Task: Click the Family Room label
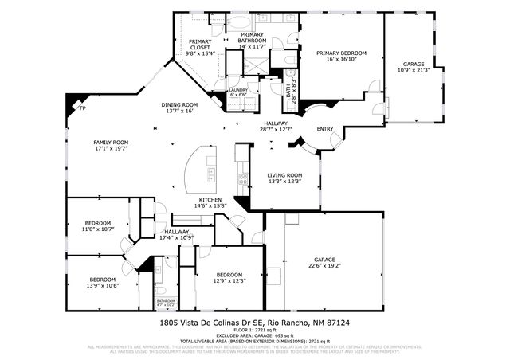click(x=111, y=146)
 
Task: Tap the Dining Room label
click(x=179, y=108)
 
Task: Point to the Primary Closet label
click(x=200, y=49)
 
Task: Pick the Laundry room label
click(x=238, y=92)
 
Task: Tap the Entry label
click(x=325, y=129)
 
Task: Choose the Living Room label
click(x=284, y=178)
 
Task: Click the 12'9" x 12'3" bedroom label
click(x=229, y=277)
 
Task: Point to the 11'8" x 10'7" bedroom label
click(x=98, y=225)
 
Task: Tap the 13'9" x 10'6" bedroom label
click(x=103, y=282)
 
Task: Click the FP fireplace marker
click(x=82, y=108)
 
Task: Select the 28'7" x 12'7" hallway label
click(x=276, y=126)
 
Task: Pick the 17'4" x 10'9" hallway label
click(x=177, y=234)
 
